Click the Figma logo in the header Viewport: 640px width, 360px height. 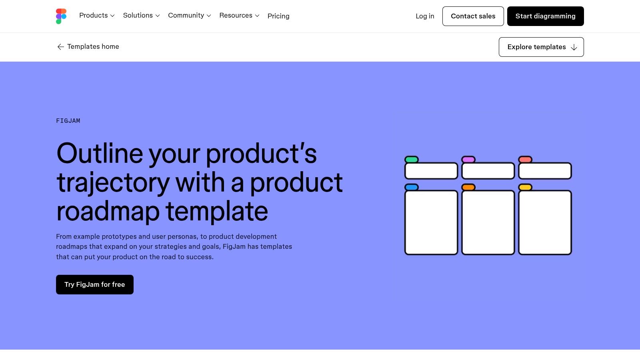(61, 16)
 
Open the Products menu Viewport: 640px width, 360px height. (97, 16)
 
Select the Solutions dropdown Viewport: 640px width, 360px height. (141, 16)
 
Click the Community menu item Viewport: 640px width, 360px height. (189, 16)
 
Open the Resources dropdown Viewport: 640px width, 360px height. (239, 16)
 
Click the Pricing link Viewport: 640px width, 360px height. (278, 16)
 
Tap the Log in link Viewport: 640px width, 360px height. (425, 16)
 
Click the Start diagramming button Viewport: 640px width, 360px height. (545, 16)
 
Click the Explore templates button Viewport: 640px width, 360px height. (541, 47)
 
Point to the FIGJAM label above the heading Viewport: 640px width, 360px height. (68, 121)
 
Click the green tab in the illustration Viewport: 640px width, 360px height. (412, 160)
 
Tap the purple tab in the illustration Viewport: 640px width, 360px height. (468, 160)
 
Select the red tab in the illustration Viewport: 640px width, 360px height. (525, 160)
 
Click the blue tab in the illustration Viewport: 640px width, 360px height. (412, 187)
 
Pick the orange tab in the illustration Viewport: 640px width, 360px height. (468, 187)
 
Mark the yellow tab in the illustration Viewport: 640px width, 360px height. (525, 187)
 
